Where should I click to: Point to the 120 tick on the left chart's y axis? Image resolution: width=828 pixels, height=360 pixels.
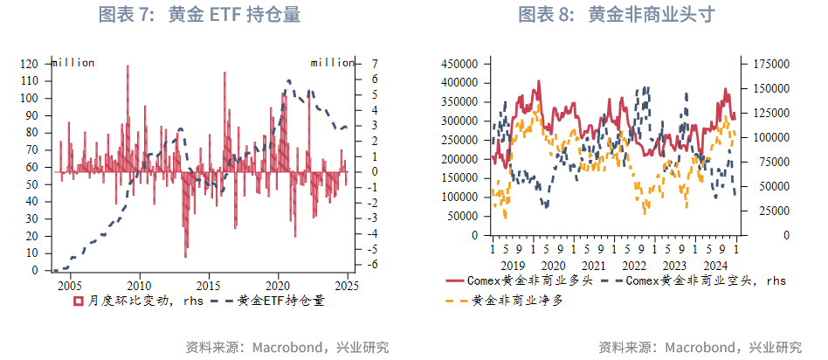[29, 64]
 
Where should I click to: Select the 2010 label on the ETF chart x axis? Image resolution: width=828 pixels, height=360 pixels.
[139, 285]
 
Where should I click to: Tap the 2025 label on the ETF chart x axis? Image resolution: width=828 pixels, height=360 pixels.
[347, 285]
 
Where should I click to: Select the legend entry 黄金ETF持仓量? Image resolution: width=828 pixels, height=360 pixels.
[267, 301]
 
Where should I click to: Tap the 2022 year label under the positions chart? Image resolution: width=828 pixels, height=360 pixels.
[633, 265]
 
